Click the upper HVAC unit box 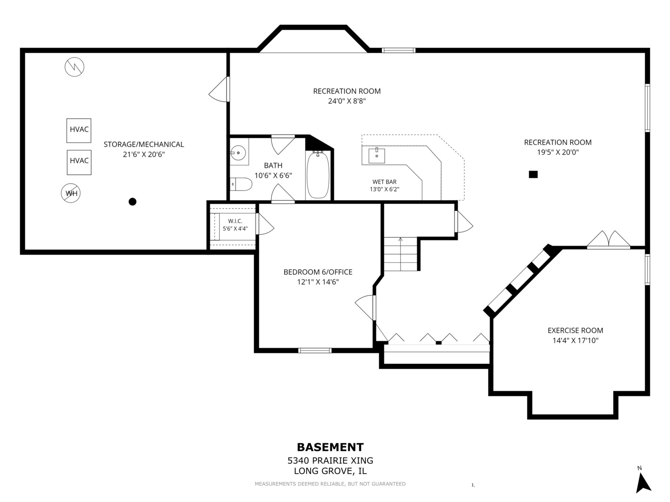coord(79,131)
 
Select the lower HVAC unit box coord(79,162)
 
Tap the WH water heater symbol coord(71,193)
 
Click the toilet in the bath coord(241,184)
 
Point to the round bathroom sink coord(238,152)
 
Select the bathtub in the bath coord(318,175)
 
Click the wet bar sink coord(377,156)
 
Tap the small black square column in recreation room coord(533,174)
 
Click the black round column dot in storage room coord(133,201)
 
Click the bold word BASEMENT coord(330,447)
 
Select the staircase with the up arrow coord(400,254)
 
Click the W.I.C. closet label coord(235,221)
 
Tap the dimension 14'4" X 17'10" coord(576,340)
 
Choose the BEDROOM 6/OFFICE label coord(318,272)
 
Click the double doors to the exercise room coord(609,239)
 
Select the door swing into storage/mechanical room coord(219,89)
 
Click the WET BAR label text coord(384,182)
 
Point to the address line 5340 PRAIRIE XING coord(330,460)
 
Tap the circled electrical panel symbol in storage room coord(74,67)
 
